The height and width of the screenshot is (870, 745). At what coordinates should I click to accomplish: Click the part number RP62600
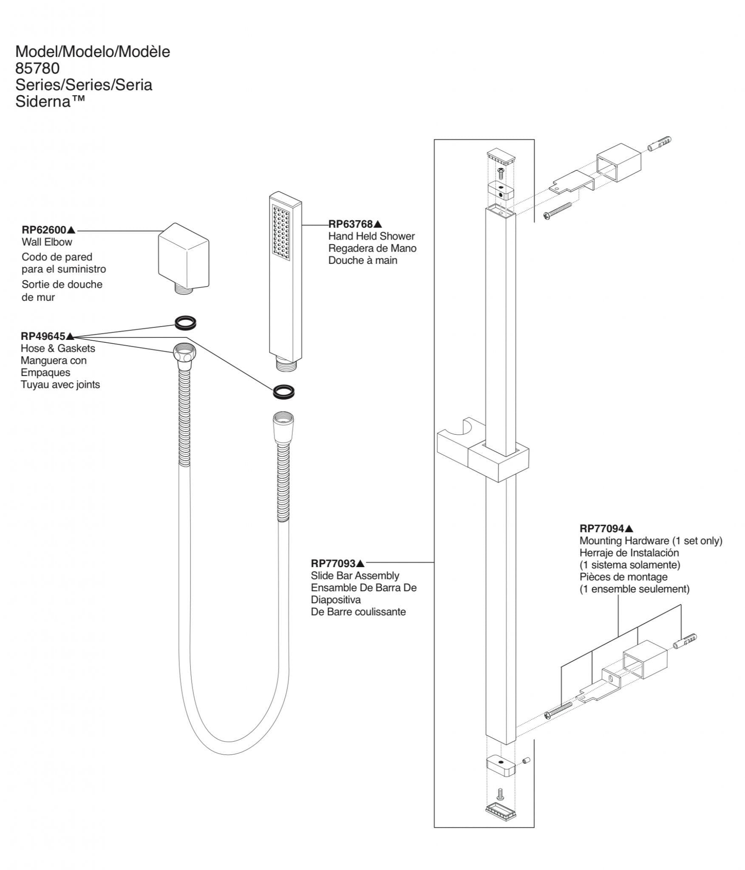tap(44, 230)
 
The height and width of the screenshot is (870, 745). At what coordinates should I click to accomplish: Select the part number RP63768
tap(351, 224)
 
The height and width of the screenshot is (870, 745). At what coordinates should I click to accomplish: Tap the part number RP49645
tap(43, 336)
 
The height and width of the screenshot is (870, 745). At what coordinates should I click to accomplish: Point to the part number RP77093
tap(333, 564)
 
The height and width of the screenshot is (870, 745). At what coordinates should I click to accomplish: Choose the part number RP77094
tap(602, 528)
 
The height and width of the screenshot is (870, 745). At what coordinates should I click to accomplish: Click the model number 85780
tap(37, 68)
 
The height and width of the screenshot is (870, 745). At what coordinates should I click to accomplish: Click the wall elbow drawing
tap(184, 256)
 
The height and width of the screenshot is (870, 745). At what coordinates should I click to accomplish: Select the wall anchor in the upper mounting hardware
tap(660, 144)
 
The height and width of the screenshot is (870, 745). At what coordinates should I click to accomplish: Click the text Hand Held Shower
tap(371, 236)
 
